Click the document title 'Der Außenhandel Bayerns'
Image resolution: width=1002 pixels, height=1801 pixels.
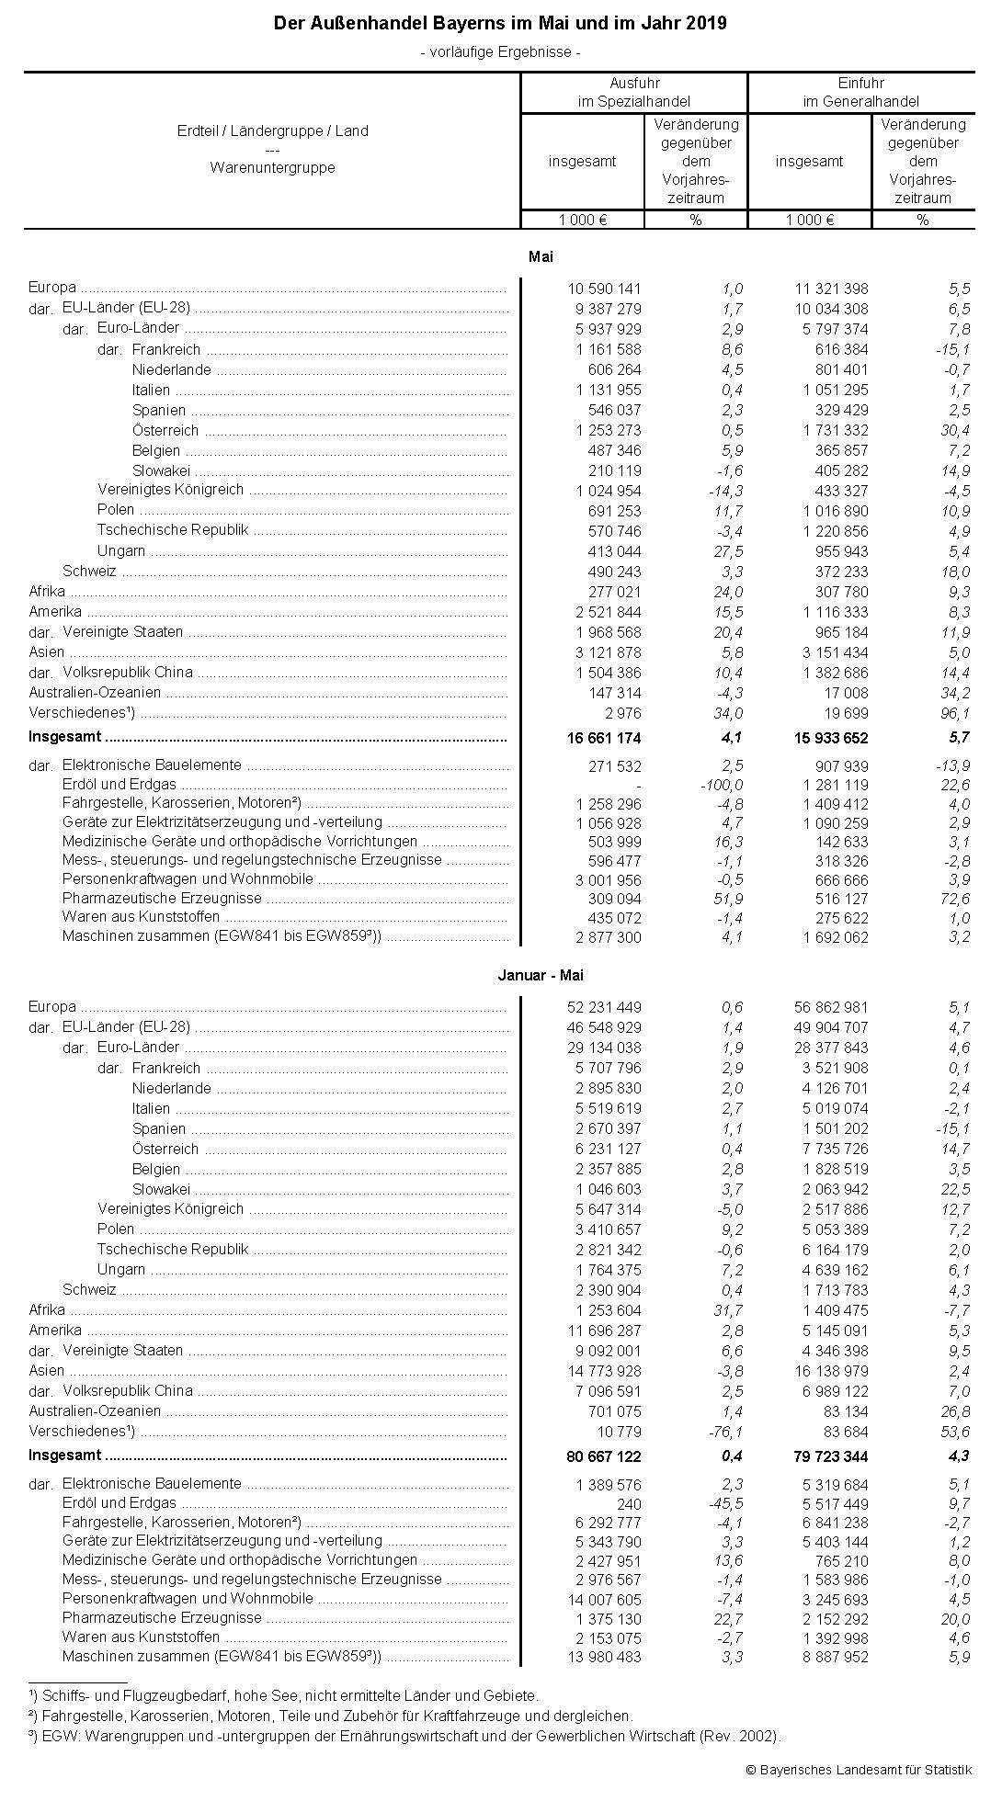[x=500, y=24]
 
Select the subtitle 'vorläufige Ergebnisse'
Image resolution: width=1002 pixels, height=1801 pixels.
[x=500, y=52]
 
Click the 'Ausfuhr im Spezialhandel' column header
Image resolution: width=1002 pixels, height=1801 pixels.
[x=633, y=92]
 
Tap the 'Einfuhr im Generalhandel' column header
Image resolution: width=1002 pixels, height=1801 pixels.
[x=861, y=92]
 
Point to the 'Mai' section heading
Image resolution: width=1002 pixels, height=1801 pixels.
[x=541, y=257]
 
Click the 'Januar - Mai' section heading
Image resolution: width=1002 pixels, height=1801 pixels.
[x=541, y=976]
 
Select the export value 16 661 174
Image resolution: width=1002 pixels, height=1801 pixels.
[x=604, y=738]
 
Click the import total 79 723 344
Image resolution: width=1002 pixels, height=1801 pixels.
[x=831, y=1456]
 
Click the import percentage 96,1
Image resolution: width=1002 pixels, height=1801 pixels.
[x=954, y=713]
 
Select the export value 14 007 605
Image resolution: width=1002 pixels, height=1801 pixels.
[x=604, y=1599]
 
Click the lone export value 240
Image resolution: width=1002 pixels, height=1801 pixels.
[x=629, y=1504]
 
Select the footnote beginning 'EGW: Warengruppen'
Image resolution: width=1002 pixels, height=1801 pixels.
[x=404, y=1737]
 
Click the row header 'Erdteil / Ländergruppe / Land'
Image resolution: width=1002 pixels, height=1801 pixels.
[x=272, y=131]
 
